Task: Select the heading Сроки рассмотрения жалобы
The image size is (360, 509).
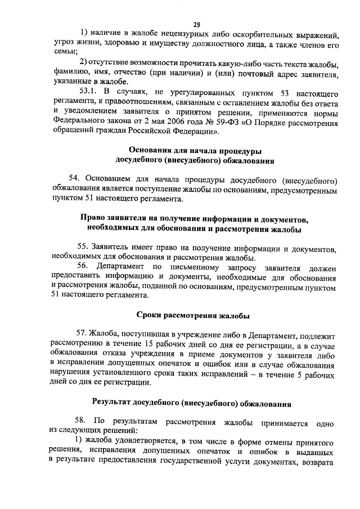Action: (x=194, y=316)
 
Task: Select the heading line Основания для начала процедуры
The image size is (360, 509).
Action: (x=195, y=150)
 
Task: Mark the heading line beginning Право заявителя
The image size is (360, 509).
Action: (x=195, y=219)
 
